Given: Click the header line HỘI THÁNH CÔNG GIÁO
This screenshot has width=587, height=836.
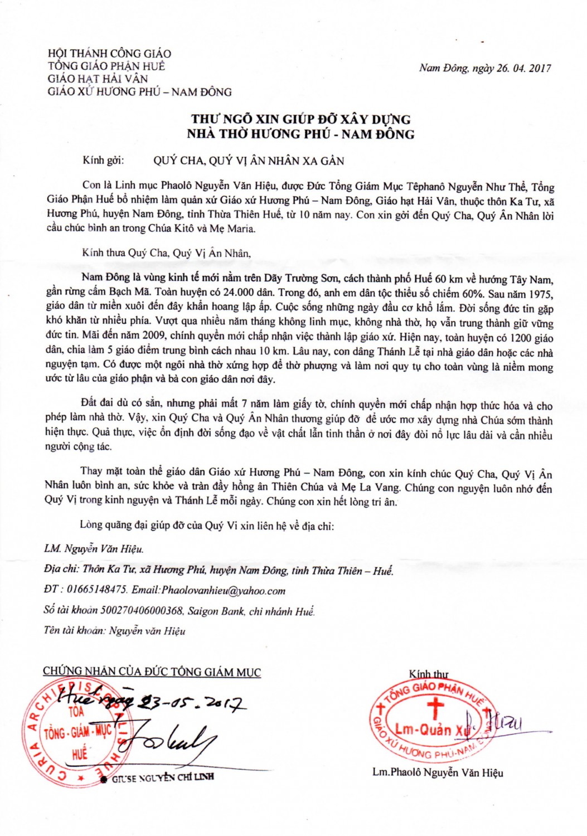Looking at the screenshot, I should tap(109, 54).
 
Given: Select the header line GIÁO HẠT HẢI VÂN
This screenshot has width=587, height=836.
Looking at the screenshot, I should tap(98, 79).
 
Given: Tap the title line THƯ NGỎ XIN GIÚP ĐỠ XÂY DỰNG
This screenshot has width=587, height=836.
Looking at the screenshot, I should tap(300, 119).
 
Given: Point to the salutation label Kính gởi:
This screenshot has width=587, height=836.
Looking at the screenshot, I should tap(103, 161).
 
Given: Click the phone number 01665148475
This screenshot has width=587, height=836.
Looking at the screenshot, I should tap(97, 590).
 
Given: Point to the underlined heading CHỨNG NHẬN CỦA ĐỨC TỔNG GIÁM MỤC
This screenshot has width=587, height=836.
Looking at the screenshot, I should tap(152, 672).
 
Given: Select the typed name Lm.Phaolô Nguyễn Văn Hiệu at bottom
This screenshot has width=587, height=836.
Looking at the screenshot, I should tap(438, 772).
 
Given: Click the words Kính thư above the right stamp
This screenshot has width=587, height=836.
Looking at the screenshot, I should tap(428, 674).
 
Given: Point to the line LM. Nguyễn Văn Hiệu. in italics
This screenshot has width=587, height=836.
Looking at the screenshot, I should tap(94, 549).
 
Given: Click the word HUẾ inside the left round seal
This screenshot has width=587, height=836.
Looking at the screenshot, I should tap(80, 754).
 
